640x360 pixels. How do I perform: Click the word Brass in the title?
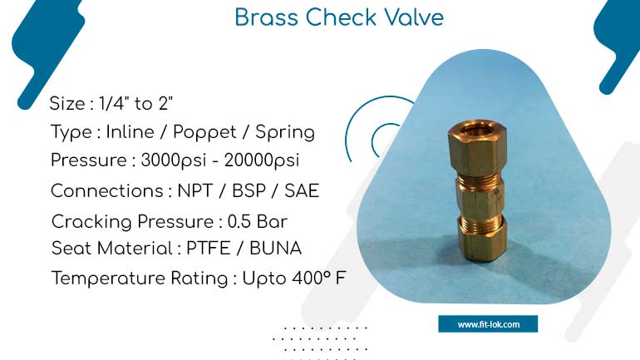tap(266, 17)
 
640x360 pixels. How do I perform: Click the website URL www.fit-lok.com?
tap(488, 324)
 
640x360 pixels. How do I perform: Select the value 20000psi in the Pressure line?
tap(262, 160)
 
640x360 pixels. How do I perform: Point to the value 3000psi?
tap(174, 160)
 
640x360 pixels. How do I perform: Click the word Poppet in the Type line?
tap(204, 133)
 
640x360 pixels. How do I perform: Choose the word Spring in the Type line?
tap(285, 133)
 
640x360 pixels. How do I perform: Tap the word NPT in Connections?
tap(195, 190)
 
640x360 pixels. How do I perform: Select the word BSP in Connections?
tap(249, 190)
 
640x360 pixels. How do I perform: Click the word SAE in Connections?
tap(302, 190)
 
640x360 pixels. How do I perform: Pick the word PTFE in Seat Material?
tap(208, 248)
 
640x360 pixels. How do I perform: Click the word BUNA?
tap(275, 248)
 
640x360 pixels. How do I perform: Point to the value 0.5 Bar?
tap(257, 222)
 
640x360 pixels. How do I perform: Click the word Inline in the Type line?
tap(130, 132)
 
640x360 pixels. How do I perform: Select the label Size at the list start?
tap(67, 103)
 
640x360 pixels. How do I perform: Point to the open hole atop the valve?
tap(478, 130)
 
